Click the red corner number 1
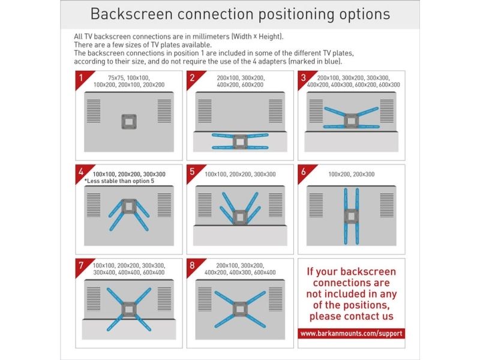(81, 77)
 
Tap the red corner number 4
(81, 172)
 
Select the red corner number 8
(192, 265)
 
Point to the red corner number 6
(303, 172)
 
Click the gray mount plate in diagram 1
(129, 122)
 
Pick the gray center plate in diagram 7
(129, 309)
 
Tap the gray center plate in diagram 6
(351, 217)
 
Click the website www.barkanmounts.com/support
(351, 334)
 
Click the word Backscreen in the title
(131, 14)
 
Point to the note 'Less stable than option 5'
(119, 181)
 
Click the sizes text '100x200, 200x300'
(351, 174)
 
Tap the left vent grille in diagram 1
(94, 111)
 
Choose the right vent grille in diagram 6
(386, 205)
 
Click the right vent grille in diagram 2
(275, 111)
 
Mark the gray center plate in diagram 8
(240, 309)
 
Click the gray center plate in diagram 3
(351, 121)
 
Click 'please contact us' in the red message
(351, 316)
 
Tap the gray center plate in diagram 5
(240, 217)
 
